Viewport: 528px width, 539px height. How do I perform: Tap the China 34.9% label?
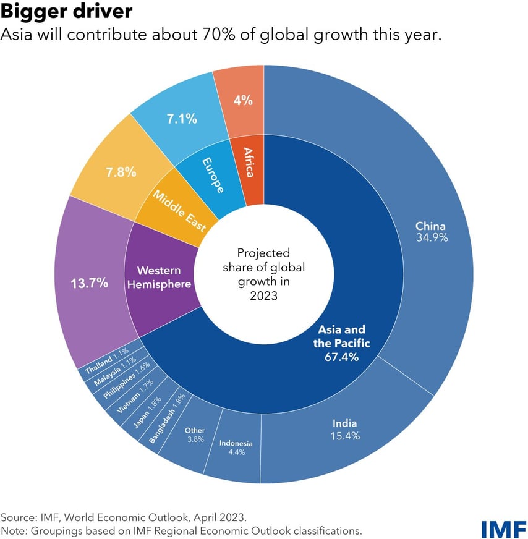pos(431,231)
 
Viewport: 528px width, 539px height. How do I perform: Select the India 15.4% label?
pos(346,430)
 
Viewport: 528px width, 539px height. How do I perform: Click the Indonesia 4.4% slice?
pos(236,447)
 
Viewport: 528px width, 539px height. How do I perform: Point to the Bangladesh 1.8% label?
pos(166,419)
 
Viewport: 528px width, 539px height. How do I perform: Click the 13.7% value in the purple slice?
pos(89,284)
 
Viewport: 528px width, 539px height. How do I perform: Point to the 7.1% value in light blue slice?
pos(181,118)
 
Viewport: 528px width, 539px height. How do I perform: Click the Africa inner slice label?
pos(249,162)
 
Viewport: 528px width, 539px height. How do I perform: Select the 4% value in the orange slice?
pos(243,100)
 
